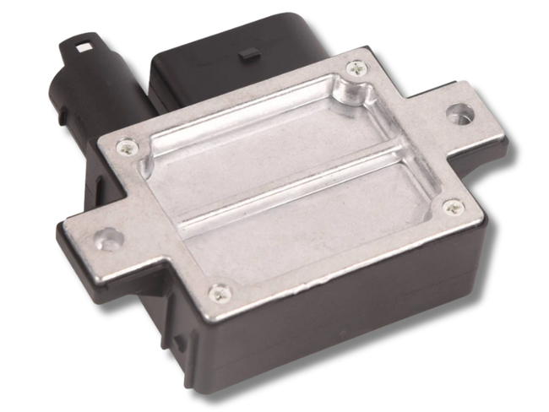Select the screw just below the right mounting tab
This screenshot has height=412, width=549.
click(454, 205)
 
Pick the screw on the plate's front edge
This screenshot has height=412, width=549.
click(220, 292)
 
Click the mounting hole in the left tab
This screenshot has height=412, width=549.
click(104, 238)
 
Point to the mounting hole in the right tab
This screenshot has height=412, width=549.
click(460, 111)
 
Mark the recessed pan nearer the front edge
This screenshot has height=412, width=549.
click(313, 224)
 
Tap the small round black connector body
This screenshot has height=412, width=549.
click(84, 93)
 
